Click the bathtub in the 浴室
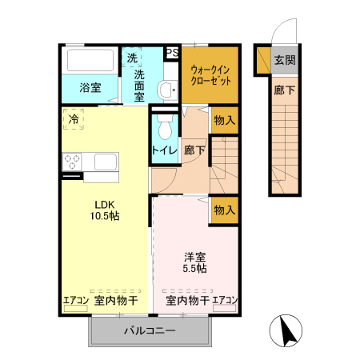[x=90, y=60]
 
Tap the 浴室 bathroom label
[x=90, y=88]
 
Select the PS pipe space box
[x=171, y=53]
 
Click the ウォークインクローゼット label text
[x=211, y=74]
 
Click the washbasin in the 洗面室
[x=168, y=90]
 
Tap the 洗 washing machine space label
[x=132, y=58]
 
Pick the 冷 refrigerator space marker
[x=74, y=119]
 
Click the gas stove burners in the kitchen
[x=73, y=162]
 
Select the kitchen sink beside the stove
[x=106, y=162]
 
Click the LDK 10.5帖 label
[x=104, y=210]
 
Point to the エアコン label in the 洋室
[x=225, y=301]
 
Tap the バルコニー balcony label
[x=150, y=330]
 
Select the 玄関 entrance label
[x=284, y=60]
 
